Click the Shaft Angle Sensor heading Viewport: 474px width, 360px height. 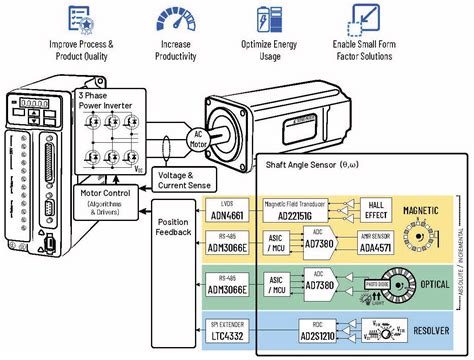coord(309,162)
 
